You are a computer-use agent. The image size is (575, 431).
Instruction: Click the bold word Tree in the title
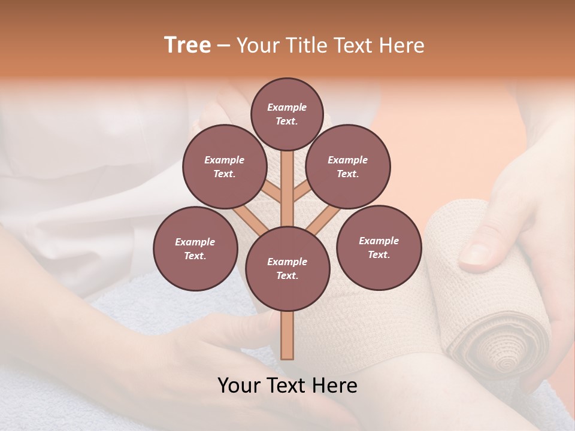pos(187,45)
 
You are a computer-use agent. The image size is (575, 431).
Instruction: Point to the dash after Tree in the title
pos(223,46)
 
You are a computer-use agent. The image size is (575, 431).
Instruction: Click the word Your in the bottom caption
pos(239,386)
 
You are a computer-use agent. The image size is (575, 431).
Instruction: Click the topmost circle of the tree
pos(287,114)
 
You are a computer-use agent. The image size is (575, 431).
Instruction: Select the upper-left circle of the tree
pos(225,167)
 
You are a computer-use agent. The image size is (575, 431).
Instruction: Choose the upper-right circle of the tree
pos(348,167)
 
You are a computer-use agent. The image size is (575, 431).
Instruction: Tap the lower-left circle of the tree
pos(195,248)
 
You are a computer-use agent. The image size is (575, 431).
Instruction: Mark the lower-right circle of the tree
pos(379,247)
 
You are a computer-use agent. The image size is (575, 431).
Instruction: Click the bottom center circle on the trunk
pos(287,269)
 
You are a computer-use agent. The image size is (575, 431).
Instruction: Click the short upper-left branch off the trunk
pos(273,191)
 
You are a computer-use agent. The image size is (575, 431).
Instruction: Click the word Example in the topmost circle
pos(287,108)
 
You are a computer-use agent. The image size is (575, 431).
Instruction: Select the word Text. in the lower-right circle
pos(379,254)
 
